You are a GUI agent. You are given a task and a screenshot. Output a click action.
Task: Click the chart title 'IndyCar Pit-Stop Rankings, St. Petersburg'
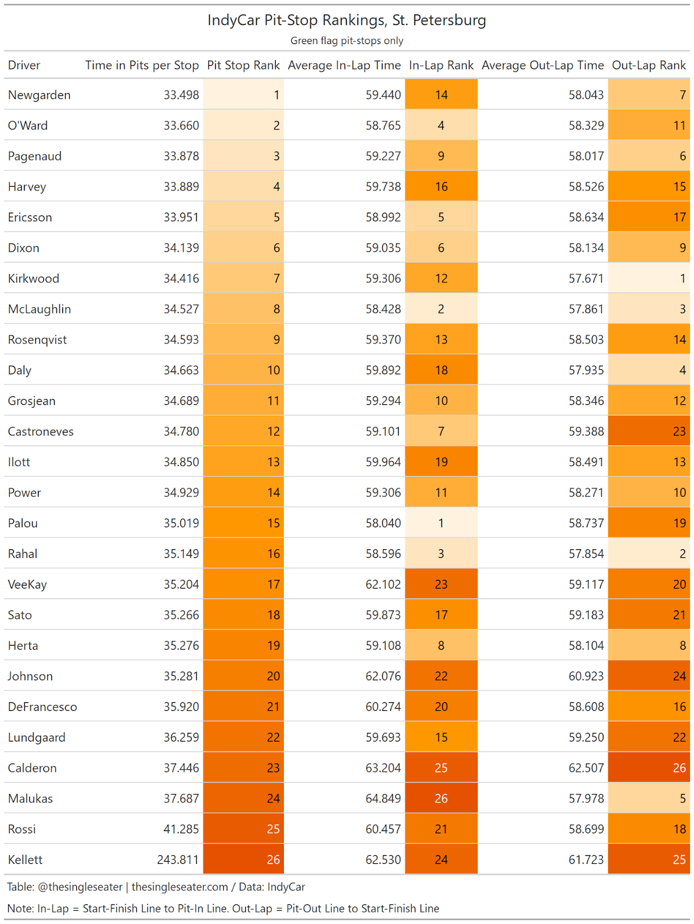click(347, 20)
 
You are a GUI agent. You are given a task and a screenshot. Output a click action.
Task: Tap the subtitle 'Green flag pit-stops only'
click(347, 41)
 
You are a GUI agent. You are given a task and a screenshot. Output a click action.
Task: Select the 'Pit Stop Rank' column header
click(243, 65)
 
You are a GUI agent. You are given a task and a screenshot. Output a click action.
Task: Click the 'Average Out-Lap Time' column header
click(542, 65)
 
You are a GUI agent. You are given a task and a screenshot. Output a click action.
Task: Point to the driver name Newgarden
click(39, 95)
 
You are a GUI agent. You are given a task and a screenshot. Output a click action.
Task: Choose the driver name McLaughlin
click(39, 310)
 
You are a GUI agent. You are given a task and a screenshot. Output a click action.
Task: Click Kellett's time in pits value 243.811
click(178, 860)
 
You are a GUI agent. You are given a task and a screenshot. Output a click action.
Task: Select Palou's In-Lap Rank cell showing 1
click(441, 523)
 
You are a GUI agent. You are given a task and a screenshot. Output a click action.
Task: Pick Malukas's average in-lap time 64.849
click(383, 799)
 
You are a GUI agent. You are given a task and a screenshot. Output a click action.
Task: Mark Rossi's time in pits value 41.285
click(181, 829)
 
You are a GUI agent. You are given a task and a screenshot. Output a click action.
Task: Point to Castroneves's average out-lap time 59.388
click(586, 431)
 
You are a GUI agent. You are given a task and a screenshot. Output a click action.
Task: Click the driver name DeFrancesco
click(42, 707)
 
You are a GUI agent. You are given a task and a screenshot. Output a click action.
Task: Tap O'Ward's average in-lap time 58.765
click(383, 126)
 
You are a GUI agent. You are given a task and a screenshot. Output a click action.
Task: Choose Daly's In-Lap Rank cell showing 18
click(441, 370)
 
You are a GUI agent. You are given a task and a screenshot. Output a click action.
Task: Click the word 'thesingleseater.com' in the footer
click(179, 887)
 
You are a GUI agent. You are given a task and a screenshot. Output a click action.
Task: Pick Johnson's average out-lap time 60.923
click(586, 676)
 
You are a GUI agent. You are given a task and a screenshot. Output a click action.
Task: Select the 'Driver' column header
click(24, 65)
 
